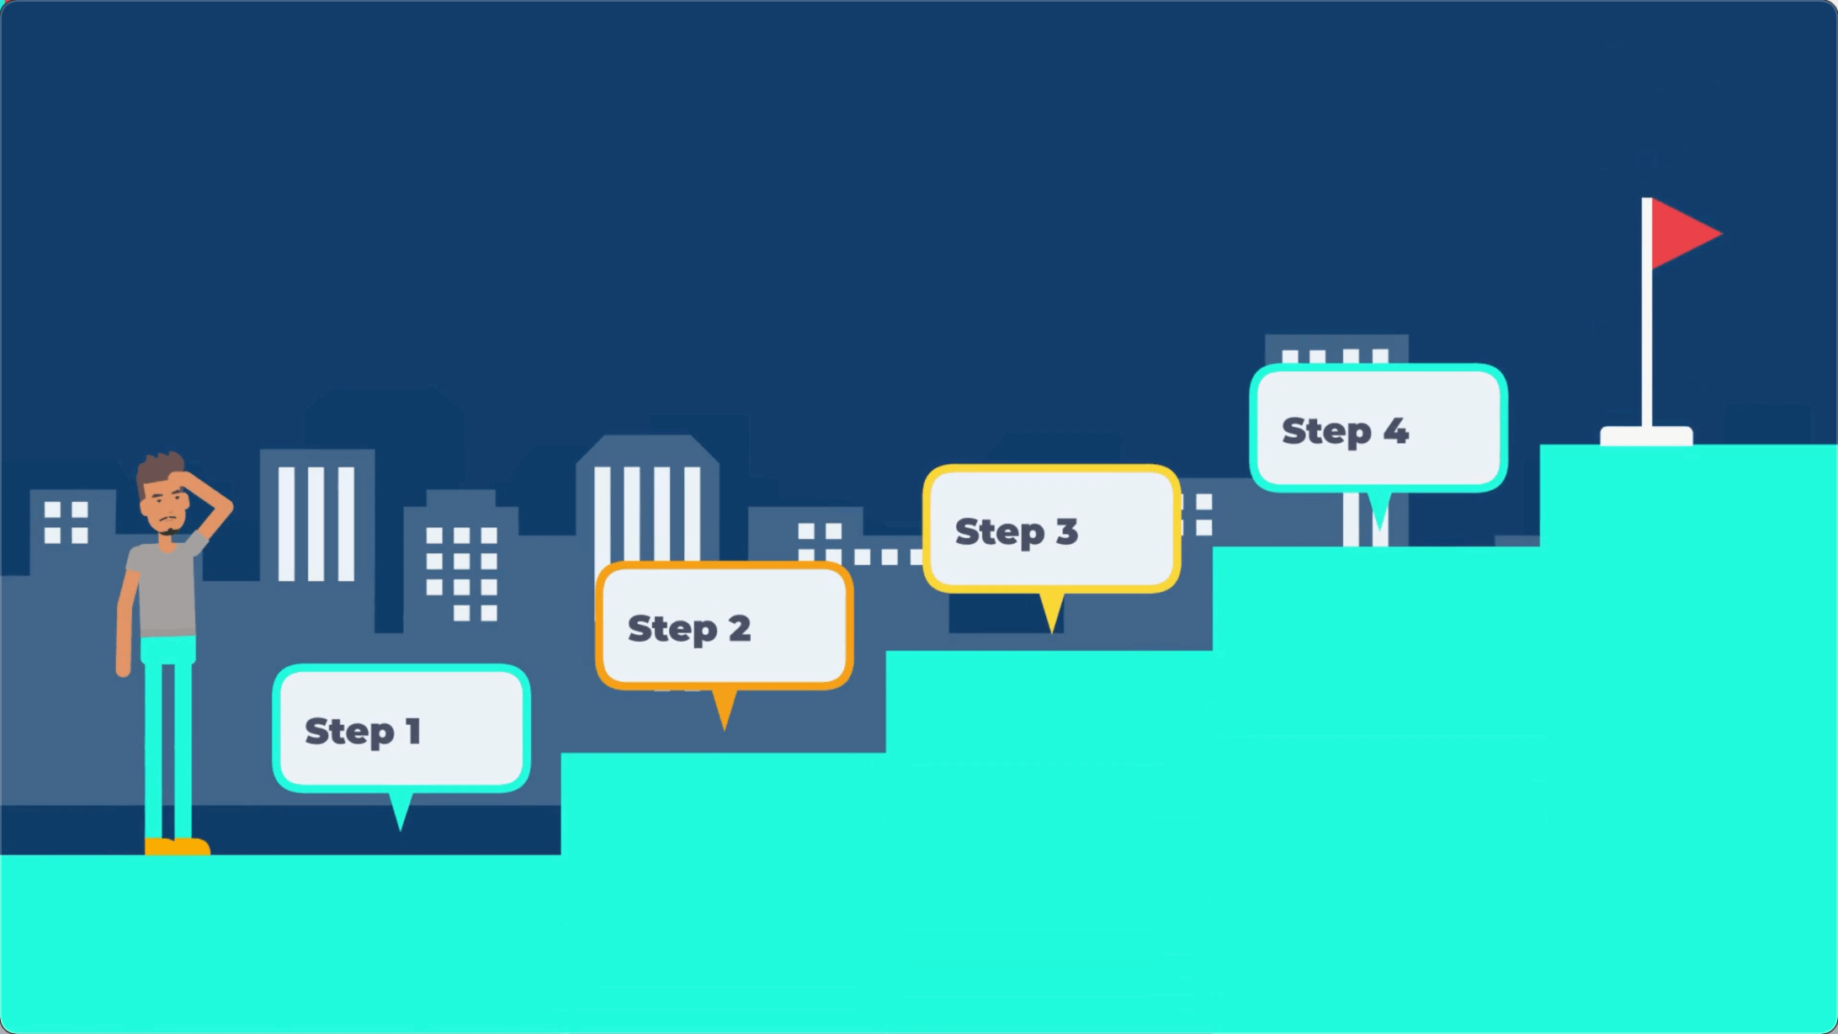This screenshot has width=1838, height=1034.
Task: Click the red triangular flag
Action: [x=1679, y=233]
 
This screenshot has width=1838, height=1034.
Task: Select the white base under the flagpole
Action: [x=1646, y=435]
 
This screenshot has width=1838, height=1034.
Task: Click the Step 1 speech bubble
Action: [x=401, y=728]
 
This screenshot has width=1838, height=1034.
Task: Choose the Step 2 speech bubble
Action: [x=724, y=626]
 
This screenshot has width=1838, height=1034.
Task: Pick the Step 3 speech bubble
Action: [x=1051, y=529]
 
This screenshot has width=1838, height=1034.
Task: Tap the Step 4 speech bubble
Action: [x=1378, y=428]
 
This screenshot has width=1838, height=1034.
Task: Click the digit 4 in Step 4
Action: [x=1395, y=431]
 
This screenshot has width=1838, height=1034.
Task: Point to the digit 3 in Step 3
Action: [x=1066, y=531]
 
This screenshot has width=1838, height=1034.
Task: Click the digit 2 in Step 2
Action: [x=739, y=628]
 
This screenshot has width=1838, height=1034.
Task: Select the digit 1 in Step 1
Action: [x=412, y=731]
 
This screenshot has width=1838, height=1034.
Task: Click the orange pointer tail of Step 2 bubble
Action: [x=724, y=707]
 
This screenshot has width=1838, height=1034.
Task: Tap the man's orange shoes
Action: [x=177, y=845]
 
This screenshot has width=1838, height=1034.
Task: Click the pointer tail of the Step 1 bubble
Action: [x=401, y=810]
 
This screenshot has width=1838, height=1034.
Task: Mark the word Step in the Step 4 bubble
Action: [x=1326, y=431]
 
